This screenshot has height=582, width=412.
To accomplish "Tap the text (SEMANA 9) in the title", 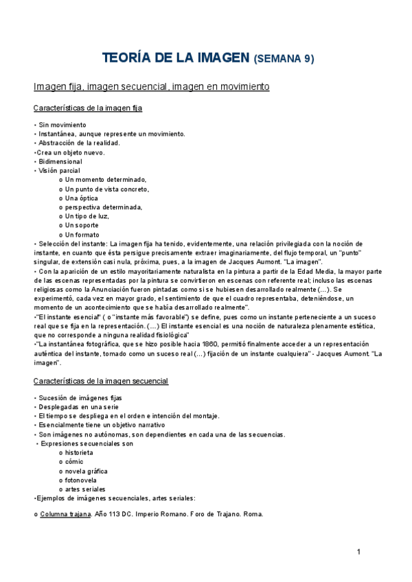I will [284, 59].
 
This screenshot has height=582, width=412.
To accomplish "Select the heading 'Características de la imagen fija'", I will [88, 108].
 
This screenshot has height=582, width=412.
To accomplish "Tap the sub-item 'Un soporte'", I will [82, 225].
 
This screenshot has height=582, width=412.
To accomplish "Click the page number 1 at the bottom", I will [359, 552].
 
